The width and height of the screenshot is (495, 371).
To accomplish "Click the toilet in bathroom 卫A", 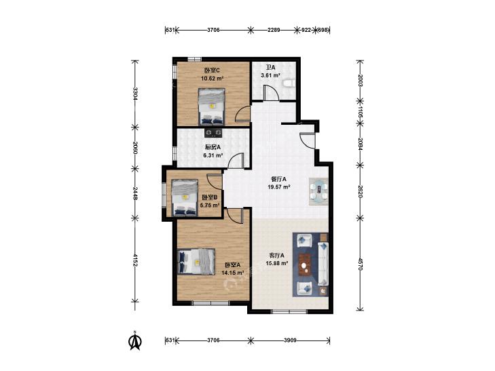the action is point(289,83).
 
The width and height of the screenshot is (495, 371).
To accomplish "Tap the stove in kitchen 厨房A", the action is point(213,134).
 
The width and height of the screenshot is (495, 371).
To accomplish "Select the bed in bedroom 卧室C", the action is point(211,106).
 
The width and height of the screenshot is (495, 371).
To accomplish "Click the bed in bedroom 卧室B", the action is point(185,197).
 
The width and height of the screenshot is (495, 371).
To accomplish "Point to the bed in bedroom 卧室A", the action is point(196,262).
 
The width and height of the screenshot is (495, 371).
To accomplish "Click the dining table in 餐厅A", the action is point(318,192).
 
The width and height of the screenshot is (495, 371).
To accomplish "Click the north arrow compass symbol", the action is point(135,340).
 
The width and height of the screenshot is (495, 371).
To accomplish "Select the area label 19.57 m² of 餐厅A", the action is point(279,187).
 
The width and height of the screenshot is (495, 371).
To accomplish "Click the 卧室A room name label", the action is point(232,265).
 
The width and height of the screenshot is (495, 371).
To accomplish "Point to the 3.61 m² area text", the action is point(270,75).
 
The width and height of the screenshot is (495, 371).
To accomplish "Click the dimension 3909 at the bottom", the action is point(290,340).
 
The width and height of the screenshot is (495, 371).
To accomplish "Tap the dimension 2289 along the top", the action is point(274,30).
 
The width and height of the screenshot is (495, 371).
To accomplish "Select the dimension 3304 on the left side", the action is point(135,94).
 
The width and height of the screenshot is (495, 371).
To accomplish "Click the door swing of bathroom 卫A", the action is point(272,93).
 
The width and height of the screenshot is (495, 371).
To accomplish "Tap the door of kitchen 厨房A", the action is point(236,161).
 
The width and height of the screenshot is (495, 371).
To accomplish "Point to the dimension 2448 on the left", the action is point(135,193).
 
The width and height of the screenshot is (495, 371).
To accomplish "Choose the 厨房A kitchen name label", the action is point(213,147).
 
